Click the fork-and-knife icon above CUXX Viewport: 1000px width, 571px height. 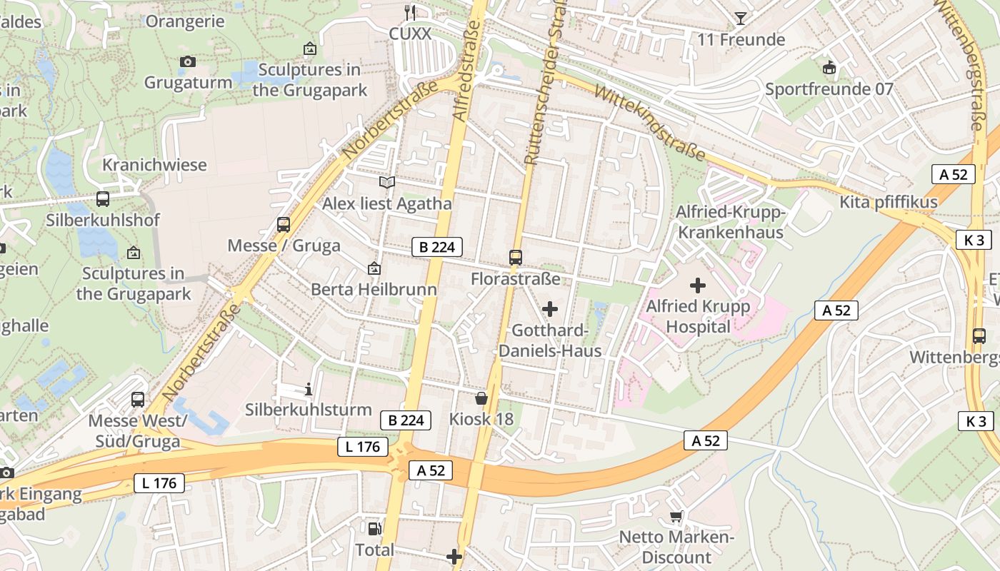pyautogui.click(x=410, y=12)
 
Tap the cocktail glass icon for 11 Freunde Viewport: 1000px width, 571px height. pyautogui.click(x=741, y=18)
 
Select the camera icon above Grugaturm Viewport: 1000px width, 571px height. pyautogui.click(x=188, y=62)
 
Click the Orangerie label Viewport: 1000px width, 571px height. pyautogui.click(x=185, y=21)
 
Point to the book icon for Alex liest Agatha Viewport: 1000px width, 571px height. pyautogui.click(x=387, y=183)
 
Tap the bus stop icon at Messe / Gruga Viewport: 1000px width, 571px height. pyautogui.click(x=284, y=225)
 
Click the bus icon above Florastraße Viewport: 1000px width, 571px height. pyautogui.click(x=516, y=257)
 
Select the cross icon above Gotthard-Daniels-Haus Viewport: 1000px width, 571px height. pyautogui.click(x=550, y=309)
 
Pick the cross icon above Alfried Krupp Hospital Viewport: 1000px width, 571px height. pyautogui.click(x=698, y=285)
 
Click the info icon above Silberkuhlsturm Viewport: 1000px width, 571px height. pyautogui.click(x=309, y=389)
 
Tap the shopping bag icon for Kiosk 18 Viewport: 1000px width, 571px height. pyautogui.click(x=481, y=398)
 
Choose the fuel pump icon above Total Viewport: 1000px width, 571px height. pyautogui.click(x=374, y=529)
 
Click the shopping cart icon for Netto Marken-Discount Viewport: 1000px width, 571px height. pyautogui.click(x=676, y=516)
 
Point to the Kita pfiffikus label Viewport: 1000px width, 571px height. pyautogui.click(x=888, y=202)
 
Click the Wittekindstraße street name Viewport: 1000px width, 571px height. pyautogui.click(x=649, y=123)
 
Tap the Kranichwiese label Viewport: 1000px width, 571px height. pyautogui.click(x=154, y=165)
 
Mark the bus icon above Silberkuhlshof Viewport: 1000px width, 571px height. pyautogui.click(x=103, y=199)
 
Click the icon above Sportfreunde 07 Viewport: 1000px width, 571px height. pyautogui.click(x=829, y=68)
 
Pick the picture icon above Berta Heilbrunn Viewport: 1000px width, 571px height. pyautogui.click(x=374, y=269)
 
